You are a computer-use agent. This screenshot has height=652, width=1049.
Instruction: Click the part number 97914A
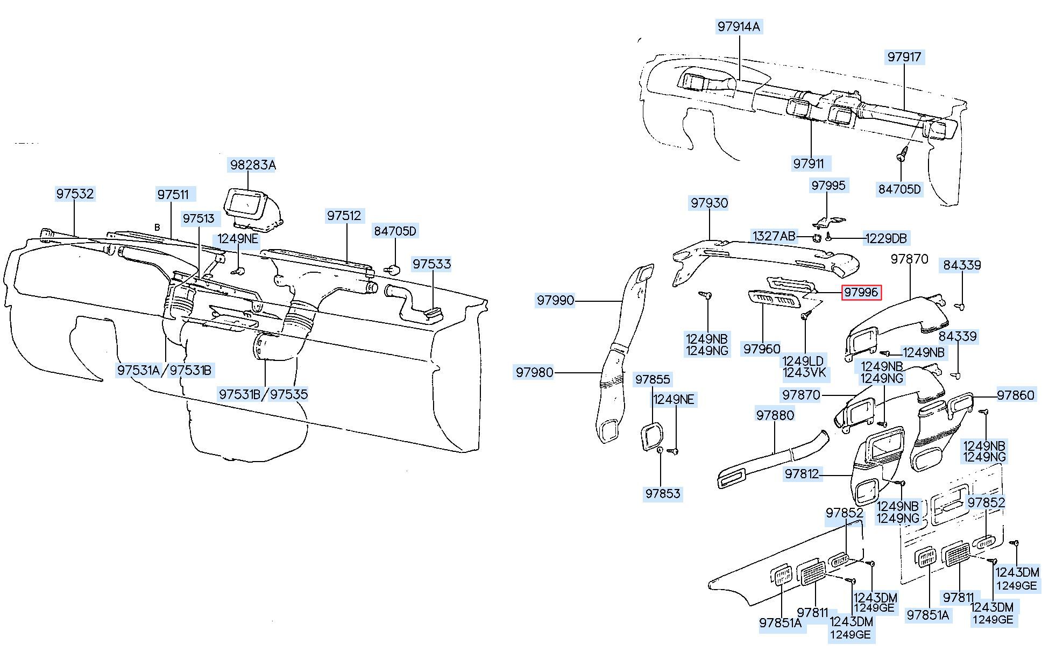tap(739, 26)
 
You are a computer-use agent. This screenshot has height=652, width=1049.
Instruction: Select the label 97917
tap(904, 56)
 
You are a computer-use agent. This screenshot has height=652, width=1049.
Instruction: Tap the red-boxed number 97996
tap(861, 292)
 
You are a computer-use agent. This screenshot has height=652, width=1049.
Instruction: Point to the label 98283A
tap(253, 165)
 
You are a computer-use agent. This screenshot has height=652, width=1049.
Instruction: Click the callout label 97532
tap(75, 194)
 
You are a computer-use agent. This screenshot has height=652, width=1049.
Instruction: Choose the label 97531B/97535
tap(264, 394)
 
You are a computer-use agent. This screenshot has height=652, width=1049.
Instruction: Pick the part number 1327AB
tap(774, 236)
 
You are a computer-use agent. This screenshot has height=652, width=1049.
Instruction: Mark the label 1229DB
tap(886, 238)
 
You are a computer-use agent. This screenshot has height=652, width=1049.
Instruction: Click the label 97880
tap(775, 415)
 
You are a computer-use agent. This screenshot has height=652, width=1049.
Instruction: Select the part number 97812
tap(802, 474)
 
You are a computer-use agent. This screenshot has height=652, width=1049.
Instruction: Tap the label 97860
tap(1016, 395)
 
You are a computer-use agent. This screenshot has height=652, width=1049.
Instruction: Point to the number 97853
tap(663, 494)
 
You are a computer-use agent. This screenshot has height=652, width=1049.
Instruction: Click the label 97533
tap(432, 264)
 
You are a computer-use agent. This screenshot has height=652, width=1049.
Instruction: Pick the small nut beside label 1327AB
tap(816, 238)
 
